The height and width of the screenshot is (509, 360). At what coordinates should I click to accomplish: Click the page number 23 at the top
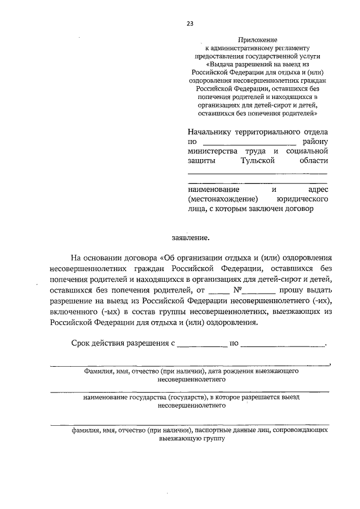point(190,24)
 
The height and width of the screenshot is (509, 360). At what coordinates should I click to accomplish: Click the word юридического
point(301,199)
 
